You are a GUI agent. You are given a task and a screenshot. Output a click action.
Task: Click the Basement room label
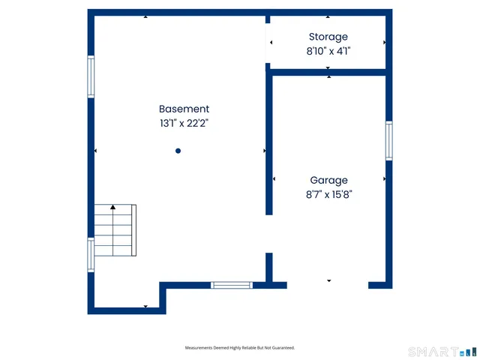(x=184, y=109)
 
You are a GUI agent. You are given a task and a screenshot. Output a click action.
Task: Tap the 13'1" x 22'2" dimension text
(x=184, y=123)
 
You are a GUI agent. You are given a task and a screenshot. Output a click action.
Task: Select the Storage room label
(x=328, y=37)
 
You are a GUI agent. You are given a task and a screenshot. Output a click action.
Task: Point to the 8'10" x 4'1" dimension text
(x=328, y=51)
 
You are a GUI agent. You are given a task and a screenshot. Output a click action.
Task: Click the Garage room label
(x=328, y=180)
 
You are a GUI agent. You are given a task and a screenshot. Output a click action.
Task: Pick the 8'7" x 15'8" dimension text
(x=328, y=194)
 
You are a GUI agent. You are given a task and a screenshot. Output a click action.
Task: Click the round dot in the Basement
(x=178, y=151)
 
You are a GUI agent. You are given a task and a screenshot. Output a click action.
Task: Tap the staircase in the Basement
(x=115, y=229)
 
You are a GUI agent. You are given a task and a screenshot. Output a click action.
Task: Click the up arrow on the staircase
(x=113, y=207)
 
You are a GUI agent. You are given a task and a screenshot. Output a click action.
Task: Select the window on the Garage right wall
(x=388, y=140)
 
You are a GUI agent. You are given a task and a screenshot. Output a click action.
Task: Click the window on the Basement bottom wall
(x=231, y=285)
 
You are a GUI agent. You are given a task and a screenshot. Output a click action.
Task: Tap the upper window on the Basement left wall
(x=91, y=76)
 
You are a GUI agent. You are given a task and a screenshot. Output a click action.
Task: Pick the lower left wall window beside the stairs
(x=91, y=254)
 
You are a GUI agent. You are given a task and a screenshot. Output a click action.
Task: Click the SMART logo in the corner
(x=442, y=351)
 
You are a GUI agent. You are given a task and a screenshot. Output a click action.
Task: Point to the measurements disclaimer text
(x=240, y=348)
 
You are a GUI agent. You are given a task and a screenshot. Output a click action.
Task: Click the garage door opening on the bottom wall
(x=328, y=284)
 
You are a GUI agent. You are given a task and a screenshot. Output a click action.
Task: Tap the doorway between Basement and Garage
(x=268, y=234)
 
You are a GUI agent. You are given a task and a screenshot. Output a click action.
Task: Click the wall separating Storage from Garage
(x=328, y=72)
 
